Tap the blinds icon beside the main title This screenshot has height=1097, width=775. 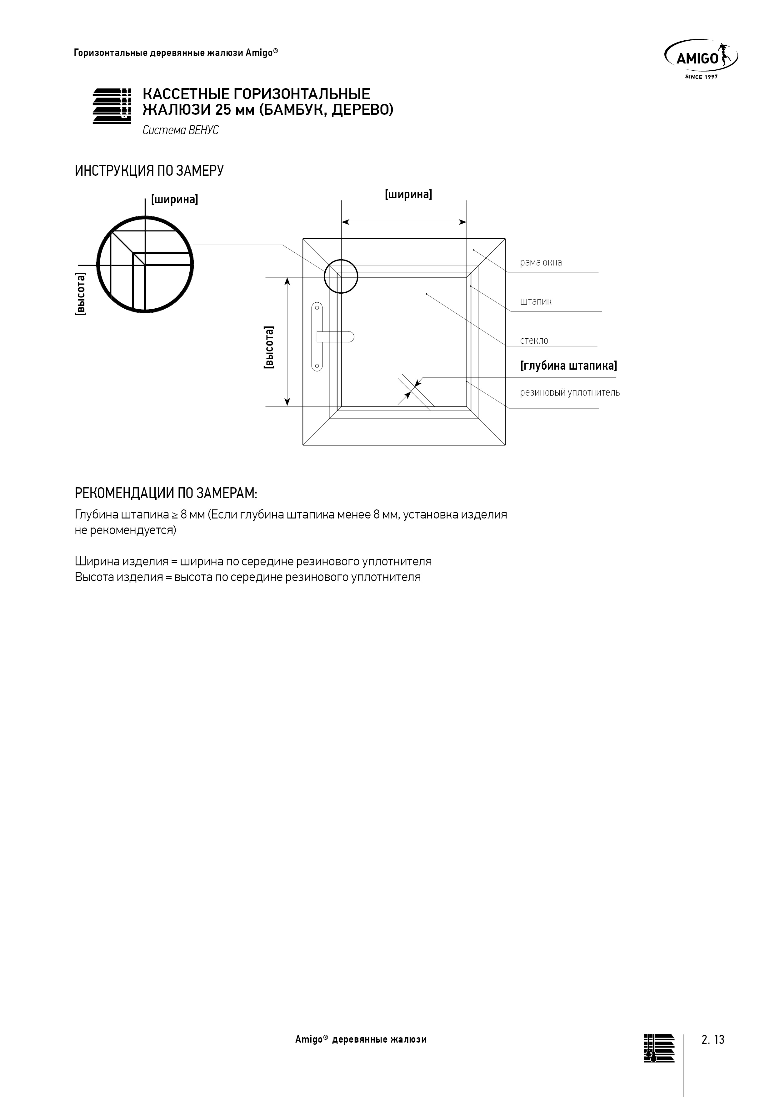click(112, 106)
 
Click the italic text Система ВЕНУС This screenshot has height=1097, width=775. click(181, 130)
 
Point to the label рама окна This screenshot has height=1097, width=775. click(541, 262)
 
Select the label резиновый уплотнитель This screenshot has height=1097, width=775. click(570, 393)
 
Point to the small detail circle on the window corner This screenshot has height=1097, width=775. click(341, 276)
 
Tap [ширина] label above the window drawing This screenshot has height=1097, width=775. click(408, 195)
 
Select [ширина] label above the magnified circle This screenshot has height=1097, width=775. click(174, 199)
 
